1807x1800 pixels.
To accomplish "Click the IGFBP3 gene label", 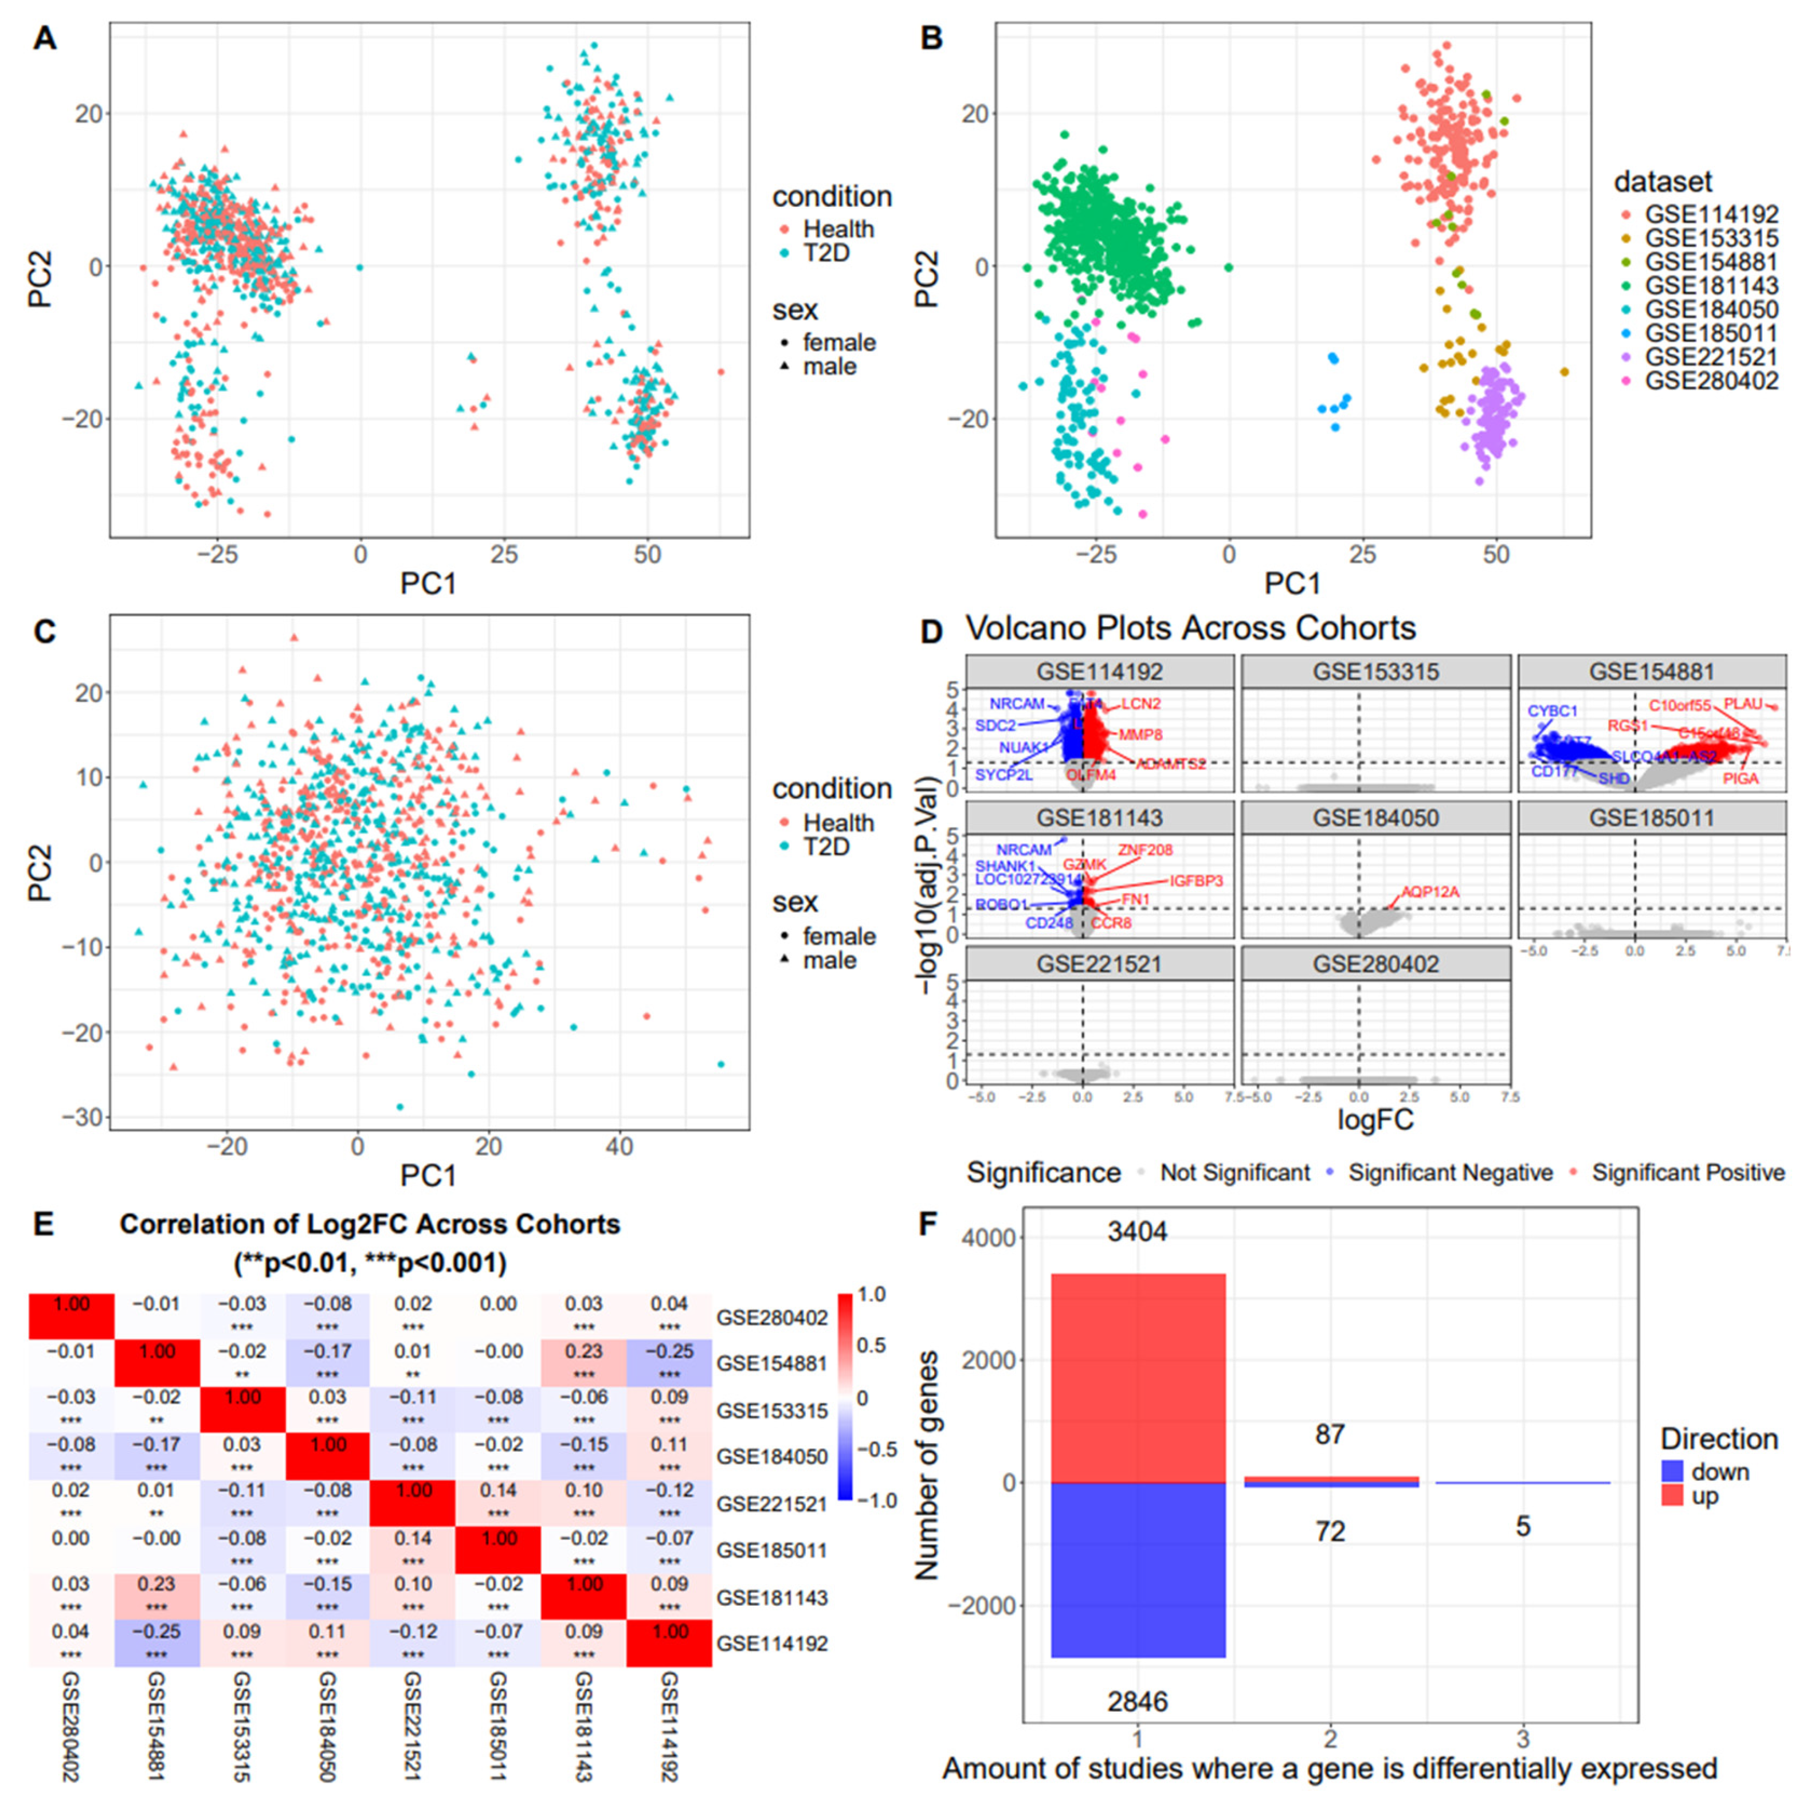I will click(1196, 881).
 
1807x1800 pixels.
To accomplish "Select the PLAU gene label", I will click(1742, 704).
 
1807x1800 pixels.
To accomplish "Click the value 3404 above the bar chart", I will click(1136, 1232).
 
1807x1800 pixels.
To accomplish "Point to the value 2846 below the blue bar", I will click(1136, 1702).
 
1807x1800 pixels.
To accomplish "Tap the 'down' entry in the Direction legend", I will click(1720, 1472).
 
